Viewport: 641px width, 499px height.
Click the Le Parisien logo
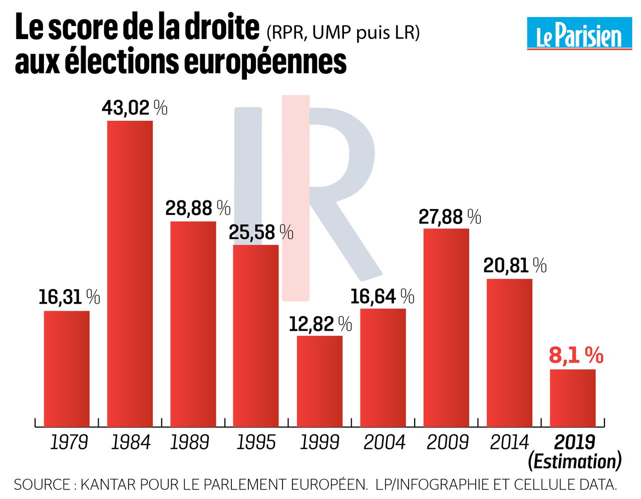point(579,34)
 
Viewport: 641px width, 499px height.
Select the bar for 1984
point(130,274)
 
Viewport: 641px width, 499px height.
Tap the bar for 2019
point(573,398)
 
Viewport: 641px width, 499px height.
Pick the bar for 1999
point(319,381)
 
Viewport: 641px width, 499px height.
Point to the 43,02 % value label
point(134,108)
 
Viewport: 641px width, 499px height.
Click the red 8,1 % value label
point(576,356)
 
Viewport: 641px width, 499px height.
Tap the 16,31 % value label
point(69,297)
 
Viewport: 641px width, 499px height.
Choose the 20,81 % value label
point(515,266)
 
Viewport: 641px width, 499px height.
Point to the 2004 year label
point(384,442)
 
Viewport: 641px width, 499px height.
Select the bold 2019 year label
point(574,442)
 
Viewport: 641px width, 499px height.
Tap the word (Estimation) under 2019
point(574,461)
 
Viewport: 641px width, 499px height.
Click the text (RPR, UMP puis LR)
point(343,33)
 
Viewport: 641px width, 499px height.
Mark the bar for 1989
point(193,324)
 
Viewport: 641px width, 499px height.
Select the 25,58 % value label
point(261,232)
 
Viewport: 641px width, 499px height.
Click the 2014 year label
point(509,442)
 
